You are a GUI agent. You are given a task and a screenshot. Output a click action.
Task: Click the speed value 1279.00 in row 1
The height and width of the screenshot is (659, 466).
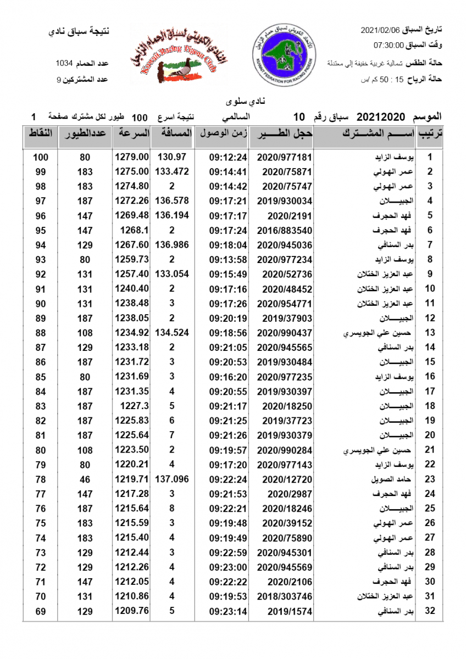132,157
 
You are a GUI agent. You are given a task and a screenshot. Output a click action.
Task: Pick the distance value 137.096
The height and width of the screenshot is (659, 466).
173,479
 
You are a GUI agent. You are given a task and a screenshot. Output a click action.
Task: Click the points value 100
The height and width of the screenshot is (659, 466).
40,157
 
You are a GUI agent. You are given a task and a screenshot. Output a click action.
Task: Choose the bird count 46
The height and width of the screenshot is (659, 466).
85,479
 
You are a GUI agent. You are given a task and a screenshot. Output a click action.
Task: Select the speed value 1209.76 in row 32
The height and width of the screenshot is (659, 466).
132,610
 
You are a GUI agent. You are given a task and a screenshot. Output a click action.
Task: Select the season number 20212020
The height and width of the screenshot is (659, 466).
381,117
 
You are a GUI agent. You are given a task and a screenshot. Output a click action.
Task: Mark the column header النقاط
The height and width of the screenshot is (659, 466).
40,133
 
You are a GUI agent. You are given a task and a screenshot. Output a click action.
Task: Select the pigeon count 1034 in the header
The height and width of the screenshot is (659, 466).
65,63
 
